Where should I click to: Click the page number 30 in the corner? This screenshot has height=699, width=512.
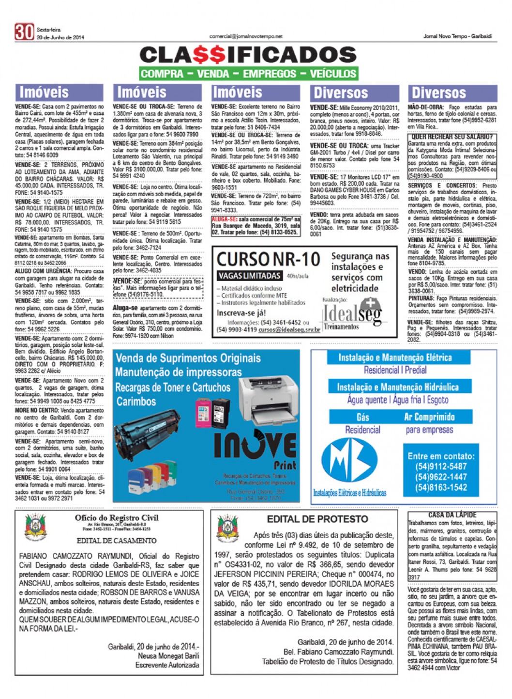(x=24, y=32)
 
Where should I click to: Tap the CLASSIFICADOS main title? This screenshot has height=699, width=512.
(x=248, y=55)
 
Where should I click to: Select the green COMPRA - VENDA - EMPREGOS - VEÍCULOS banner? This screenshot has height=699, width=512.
(x=248, y=74)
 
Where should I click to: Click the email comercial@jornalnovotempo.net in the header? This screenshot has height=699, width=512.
(x=246, y=36)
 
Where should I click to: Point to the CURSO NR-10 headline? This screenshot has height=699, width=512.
(x=268, y=260)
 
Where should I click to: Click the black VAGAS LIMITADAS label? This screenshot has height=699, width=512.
(x=249, y=276)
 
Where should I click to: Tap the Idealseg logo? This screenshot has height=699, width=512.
(x=352, y=314)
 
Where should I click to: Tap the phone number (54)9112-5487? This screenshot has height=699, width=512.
(x=441, y=466)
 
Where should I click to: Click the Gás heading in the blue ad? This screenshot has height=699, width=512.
(x=362, y=417)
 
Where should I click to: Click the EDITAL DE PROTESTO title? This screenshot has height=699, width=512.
(x=317, y=519)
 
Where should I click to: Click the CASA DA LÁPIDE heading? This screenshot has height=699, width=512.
(x=452, y=515)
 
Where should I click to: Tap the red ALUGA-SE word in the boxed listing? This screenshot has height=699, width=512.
(x=224, y=219)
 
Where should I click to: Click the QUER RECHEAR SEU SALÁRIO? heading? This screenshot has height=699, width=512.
(x=452, y=137)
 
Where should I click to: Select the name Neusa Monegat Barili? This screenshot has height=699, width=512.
(x=168, y=656)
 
